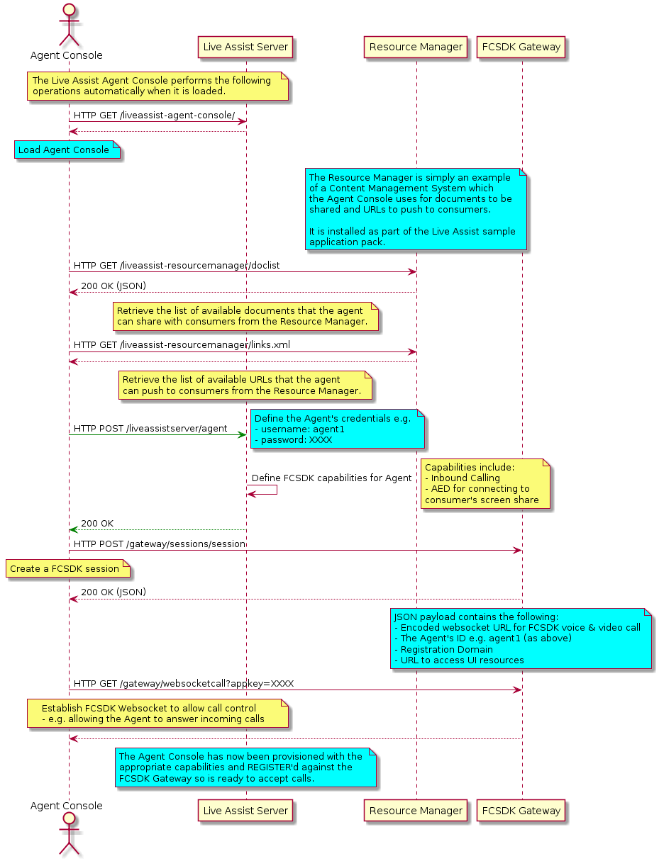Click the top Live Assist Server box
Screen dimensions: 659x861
pyautogui.click(x=245, y=47)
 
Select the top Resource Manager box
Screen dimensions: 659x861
pyautogui.click(x=416, y=47)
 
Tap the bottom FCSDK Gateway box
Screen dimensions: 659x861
pyautogui.click(x=521, y=811)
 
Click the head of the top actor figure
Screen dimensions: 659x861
pyautogui.click(x=69, y=10)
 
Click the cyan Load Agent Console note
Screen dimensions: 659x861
pyautogui.click(x=67, y=150)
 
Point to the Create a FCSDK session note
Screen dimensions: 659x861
pyautogui.click(x=68, y=568)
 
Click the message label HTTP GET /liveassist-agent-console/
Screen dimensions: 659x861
pyautogui.click(x=154, y=116)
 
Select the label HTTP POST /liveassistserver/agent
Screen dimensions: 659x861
pyautogui.click(x=150, y=428)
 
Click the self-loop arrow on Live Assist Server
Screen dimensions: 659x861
pyautogui.click(x=277, y=490)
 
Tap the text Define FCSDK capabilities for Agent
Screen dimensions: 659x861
pyautogui.click(x=332, y=478)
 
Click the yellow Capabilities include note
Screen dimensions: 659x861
pyautogui.click(x=485, y=484)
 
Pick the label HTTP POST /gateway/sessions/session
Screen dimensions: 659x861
pyautogui.click(x=160, y=544)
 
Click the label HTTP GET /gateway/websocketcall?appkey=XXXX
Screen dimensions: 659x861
pyautogui.click(x=184, y=683)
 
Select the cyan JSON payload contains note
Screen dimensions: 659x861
pyautogui.click(x=521, y=638)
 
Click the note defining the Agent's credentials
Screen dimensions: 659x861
pyautogui.click(x=338, y=429)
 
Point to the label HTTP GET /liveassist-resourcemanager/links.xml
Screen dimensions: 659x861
pyautogui.click(x=182, y=345)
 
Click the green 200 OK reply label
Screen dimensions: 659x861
pyautogui.click(x=97, y=523)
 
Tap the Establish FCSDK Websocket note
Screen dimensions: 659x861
pyautogui.click(x=157, y=713)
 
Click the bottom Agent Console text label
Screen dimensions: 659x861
pyautogui.click(x=67, y=806)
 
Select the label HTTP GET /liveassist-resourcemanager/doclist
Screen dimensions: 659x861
pyautogui.click(x=177, y=266)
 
